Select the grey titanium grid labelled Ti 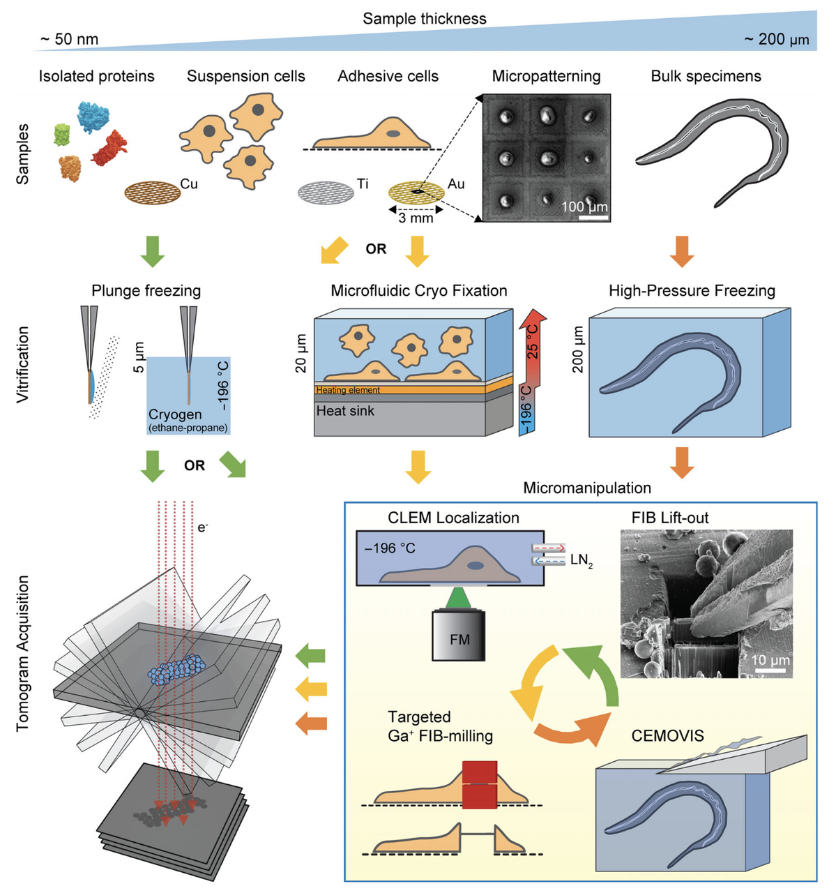pyautogui.click(x=326, y=190)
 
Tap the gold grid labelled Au pyautogui.click(x=416, y=190)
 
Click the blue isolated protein pyautogui.click(x=93, y=116)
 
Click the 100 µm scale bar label pyautogui.click(x=584, y=207)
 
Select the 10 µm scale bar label pyautogui.click(x=771, y=660)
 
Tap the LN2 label pyautogui.click(x=581, y=559)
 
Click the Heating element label pyautogui.click(x=348, y=390)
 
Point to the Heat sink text pyautogui.click(x=345, y=411)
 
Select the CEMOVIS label pyautogui.click(x=667, y=736)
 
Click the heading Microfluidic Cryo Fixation pyautogui.click(x=418, y=290)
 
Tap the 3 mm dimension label pyautogui.click(x=416, y=218)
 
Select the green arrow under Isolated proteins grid pyautogui.click(x=153, y=251)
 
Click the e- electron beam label pyautogui.click(x=202, y=527)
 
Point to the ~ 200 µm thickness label pyautogui.click(x=776, y=39)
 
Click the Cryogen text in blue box pyautogui.click(x=174, y=414)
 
